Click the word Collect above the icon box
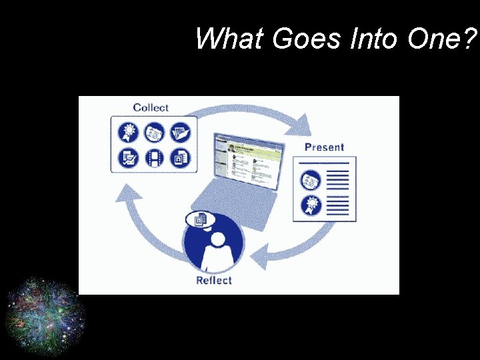[x=151, y=107]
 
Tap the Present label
[x=324, y=147]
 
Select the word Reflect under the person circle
[x=214, y=280]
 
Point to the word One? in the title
[x=441, y=39]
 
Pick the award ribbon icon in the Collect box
[x=128, y=131]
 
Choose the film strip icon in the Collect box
[x=155, y=158]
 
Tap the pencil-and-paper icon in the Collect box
[x=128, y=158]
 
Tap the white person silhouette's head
[x=217, y=239]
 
